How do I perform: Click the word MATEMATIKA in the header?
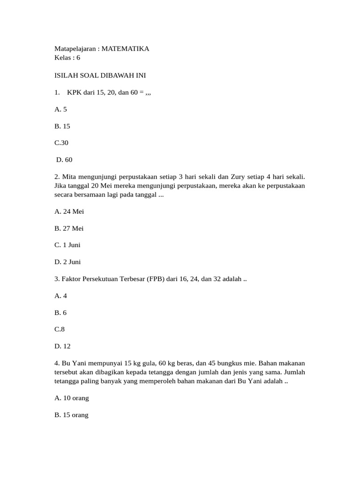125,49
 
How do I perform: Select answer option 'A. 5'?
61,109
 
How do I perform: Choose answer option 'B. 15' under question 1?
62,126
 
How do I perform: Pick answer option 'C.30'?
61,143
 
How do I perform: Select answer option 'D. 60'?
64,160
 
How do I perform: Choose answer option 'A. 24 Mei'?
69,211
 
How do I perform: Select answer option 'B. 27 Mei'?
69,228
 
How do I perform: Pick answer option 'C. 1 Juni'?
67,245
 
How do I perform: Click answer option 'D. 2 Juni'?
67,262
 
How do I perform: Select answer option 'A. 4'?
61,296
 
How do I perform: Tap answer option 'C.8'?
60,330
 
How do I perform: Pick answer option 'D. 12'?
62,346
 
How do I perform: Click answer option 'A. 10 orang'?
72,398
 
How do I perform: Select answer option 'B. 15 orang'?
71,415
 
